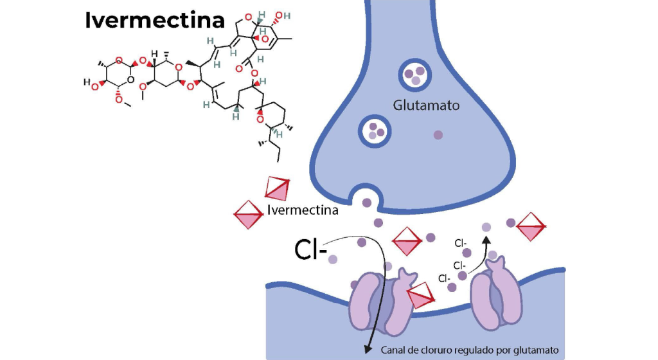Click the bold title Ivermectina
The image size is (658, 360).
[x=155, y=20]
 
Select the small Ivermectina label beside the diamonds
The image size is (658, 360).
[x=302, y=209]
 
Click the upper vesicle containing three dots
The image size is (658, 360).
[x=414, y=75]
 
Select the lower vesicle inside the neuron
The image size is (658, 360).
[x=375, y=130]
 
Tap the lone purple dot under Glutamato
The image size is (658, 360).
[x=438, y=135]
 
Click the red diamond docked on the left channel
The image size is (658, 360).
[x=421, y=295]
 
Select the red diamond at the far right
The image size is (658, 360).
[x=531, y=227]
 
